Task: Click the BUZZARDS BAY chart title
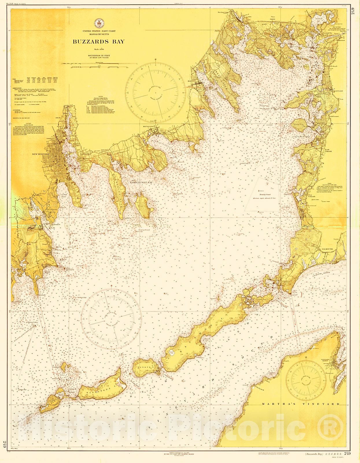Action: point(99,41)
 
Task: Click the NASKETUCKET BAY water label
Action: point(141,183)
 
